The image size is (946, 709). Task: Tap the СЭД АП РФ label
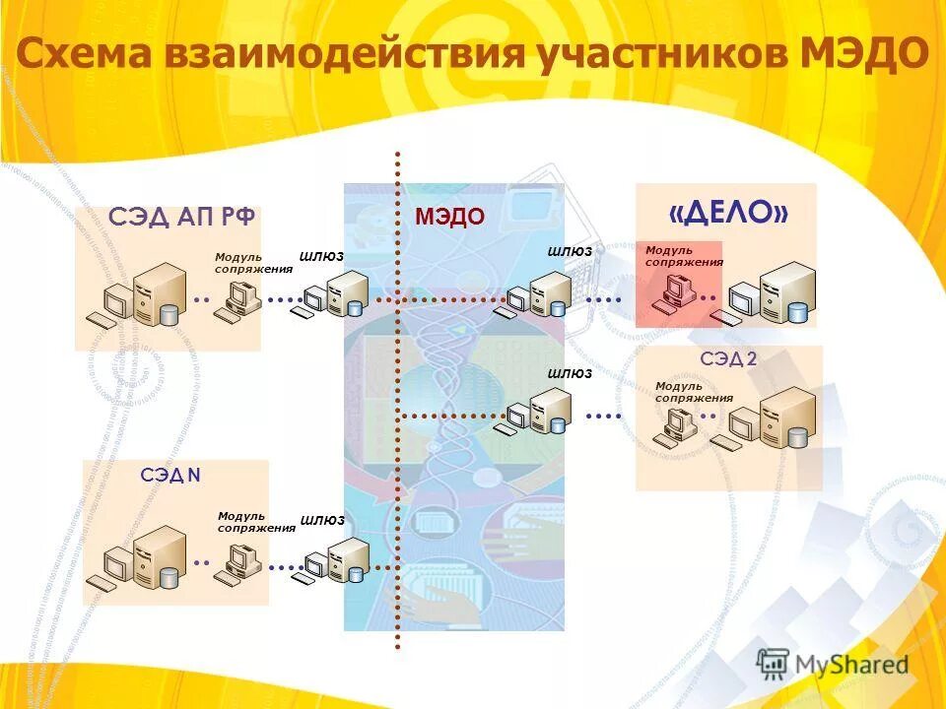pos(182,217)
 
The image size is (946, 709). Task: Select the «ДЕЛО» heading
pos(727,212)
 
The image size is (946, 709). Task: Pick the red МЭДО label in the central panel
pos(449,217)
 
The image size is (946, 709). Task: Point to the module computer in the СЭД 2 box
pos(679,425)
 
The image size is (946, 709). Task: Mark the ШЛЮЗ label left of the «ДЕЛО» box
pos(570,251)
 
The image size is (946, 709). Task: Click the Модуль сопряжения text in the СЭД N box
pos(255,522)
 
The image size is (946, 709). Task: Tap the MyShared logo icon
pos(774,663)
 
